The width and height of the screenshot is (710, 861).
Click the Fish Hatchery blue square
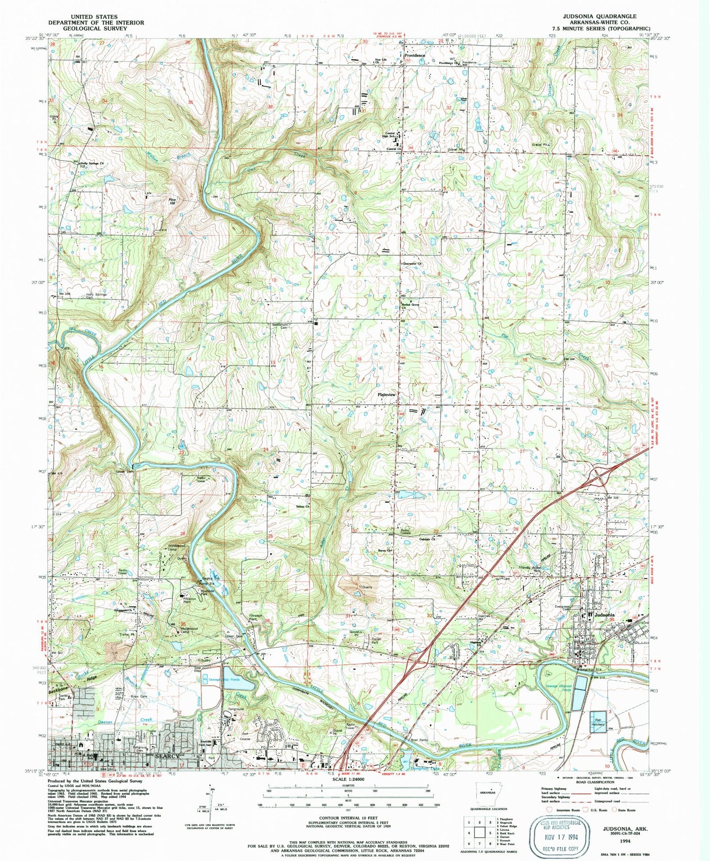coord(597,722)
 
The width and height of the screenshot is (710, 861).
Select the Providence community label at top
coord(415,55)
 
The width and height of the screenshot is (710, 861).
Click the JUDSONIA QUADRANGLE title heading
coord(600,16)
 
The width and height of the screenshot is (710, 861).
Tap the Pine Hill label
coord(173,201)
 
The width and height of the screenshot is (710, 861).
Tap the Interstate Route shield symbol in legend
coord(549,810)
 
